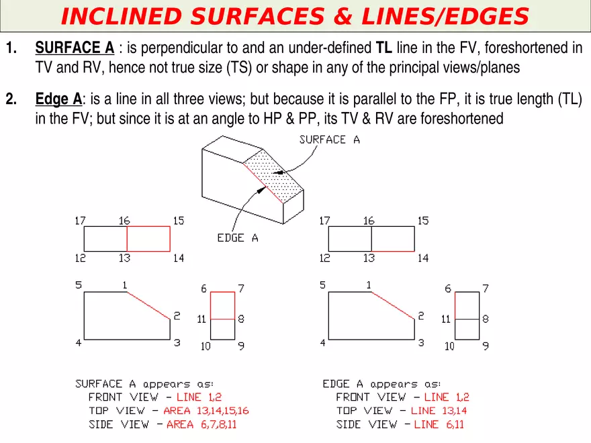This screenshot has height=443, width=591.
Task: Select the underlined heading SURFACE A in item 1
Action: click(x=75, y=48)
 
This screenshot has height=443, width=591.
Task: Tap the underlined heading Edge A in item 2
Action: click(x=58, y=100)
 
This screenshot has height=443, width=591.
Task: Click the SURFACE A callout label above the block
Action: click(x=329, y=140)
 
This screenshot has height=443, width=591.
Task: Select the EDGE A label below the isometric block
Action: click(x=237, y=238)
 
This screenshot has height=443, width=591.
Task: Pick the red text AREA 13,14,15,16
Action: click(x=208, y=411)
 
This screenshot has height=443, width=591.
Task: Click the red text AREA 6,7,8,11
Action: click(x=201, y=424)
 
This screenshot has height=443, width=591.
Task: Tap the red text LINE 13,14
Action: click(x=439, y=411)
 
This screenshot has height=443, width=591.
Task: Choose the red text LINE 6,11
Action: click(x=439, y=424)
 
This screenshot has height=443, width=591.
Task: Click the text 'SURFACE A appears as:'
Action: click(x=144, y=384)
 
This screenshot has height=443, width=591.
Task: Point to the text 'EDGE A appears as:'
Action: click(x=381, y=384)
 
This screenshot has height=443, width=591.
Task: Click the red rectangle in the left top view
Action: click(x=148, y=239)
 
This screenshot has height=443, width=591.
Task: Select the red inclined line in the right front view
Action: click(x=393, y=305)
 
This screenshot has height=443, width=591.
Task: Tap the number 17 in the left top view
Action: click(x=80, y=221)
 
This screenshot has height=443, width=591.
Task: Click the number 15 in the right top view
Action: click(x=423, y=221)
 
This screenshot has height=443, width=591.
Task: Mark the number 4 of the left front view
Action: click(x=79, y=343)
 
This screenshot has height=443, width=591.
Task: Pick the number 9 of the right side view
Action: click(x=486, y=346)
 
